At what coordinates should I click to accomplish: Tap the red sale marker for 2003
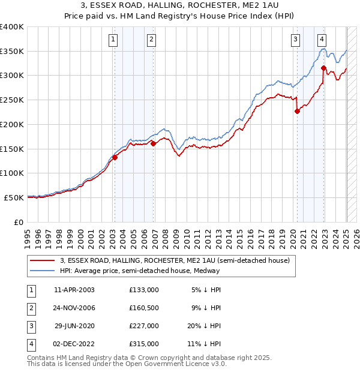pyautogui.click(x=115, y=157)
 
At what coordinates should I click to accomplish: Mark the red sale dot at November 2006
pyautogui.click(x=153, y=143)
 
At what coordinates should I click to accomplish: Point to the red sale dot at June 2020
pyautogui.click(x=296, y=111)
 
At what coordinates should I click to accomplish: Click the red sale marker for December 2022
pyautogui.click(x=323, y=68)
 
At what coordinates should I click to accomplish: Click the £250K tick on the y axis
pyautogui.click(x=12, y=100)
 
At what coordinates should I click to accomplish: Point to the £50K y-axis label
pyautogui.click(x=14, y=197)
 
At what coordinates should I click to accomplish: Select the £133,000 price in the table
pyautogui.click(x=144, y=289)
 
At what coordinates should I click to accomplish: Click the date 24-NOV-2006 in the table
pyautogui.click(x=74, y=308)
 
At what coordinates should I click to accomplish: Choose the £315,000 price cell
pyautogui.click(x=144, y=344)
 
